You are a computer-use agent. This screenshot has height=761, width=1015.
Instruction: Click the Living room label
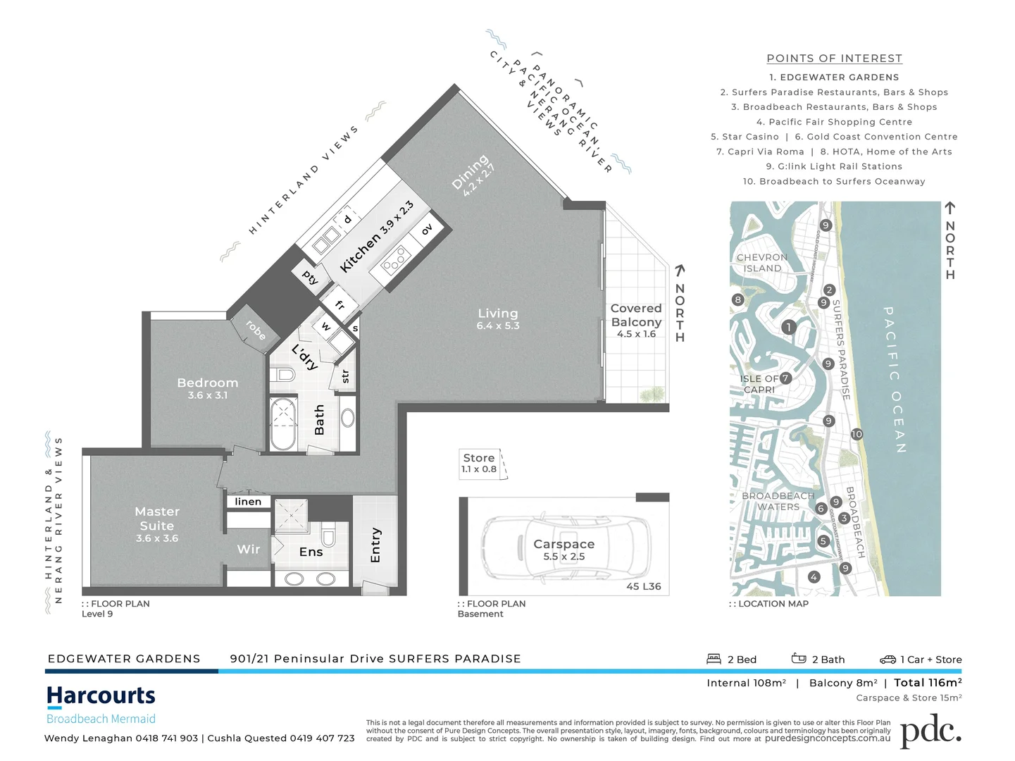tap(498, 318)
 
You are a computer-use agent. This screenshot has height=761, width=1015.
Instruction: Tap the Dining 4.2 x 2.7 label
tap(473, 175)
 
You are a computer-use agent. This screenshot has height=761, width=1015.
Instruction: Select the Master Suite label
tap(157, 524)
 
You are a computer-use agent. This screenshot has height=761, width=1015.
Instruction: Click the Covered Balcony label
tap(636, 320)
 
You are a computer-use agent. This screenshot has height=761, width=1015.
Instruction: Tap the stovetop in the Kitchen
tap(394, 260)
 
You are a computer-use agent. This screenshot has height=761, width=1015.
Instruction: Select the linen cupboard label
tap(248, 502)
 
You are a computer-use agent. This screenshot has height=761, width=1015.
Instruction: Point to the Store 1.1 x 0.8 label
tap(479, 463)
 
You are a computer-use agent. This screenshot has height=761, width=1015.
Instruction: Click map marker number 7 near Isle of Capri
tap(785, 378)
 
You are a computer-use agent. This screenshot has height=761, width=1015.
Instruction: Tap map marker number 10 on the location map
tap(857, 434)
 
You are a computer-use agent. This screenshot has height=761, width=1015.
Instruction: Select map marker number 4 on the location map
tap(814, 577)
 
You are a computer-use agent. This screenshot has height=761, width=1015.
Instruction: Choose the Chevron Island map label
tap(762, 263)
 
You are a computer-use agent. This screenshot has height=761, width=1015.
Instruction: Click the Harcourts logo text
tap(101, 696)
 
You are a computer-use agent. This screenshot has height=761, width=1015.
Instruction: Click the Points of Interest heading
tap(834, 58)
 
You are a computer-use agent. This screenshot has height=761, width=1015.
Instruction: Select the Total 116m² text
tap(928, 683)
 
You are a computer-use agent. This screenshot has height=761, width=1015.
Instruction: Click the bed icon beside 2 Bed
tap(714, 659)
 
